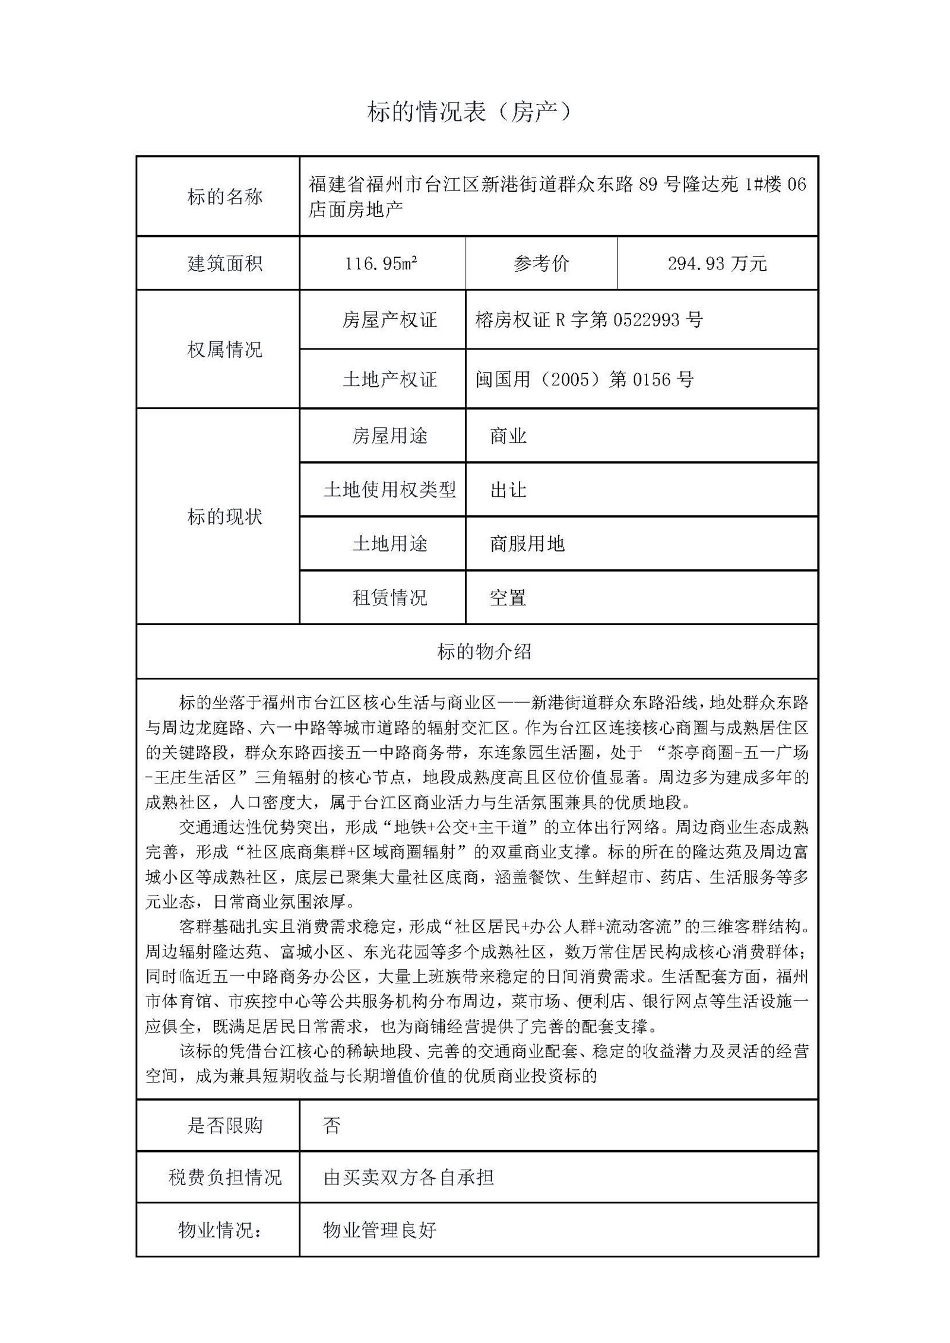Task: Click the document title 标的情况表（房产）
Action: pos(469,112)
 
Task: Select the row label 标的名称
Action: pos(224,196)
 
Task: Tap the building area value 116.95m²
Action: pos(381,263)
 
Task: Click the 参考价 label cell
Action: pos(541,263)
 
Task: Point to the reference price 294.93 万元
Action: pos(717,263)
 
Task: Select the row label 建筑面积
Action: pos(224,263)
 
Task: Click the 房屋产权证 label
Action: pos(389,320)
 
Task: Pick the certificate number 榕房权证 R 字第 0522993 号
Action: pos(589,320)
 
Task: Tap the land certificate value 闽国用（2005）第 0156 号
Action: pos(584,379)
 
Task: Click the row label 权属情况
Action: pos(224,350)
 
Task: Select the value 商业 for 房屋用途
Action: pos(508,436)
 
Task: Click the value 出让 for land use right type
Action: pos(508,490)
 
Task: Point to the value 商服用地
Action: pos(527,544)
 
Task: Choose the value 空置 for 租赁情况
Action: pos(508,598)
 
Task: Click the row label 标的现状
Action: pos(224,517)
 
